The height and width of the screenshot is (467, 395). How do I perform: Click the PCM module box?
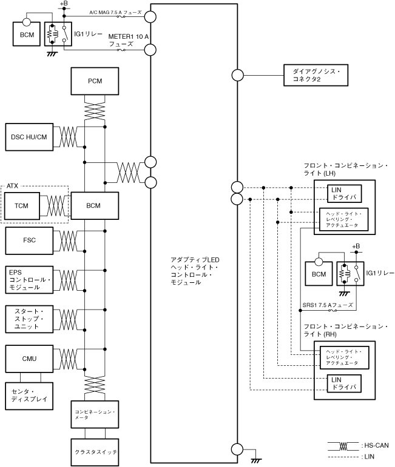tap(93, 81)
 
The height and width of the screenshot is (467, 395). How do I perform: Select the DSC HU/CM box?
tap(28, 137)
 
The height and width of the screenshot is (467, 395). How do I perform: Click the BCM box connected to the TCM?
tap(93, 205)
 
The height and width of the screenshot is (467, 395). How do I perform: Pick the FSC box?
tap(28, 240)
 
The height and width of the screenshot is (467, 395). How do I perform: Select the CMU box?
tap(28, 359)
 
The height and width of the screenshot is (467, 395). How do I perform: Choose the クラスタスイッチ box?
tap(93, 452)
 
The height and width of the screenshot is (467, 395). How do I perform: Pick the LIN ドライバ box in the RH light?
tap(343, 383)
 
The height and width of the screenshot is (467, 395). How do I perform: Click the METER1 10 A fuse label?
tap(128, 40)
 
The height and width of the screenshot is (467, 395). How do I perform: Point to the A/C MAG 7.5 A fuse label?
tap(115, 12)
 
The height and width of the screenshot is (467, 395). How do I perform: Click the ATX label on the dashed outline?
tap(13, 185)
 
